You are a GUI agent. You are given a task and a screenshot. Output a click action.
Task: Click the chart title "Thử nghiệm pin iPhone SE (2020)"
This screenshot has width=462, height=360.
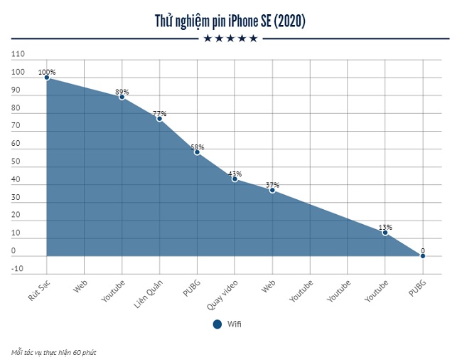(230, 21)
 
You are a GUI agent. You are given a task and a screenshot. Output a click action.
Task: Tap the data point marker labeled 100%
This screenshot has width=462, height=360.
(47, 78)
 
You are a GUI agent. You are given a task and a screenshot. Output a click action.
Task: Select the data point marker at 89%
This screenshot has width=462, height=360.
(122, 97)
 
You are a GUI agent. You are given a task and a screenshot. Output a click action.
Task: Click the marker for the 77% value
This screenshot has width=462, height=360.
(159, 118)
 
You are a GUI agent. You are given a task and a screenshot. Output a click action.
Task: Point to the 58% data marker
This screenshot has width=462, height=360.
(197, 152)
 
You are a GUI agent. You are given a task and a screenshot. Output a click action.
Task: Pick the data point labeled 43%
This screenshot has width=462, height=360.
(235, 179)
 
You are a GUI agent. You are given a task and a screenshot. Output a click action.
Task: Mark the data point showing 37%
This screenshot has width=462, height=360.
(272, 190)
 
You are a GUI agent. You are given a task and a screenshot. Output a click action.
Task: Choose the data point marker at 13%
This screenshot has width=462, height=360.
(385, 233)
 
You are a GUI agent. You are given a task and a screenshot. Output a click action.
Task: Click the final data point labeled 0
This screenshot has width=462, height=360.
(423, 255)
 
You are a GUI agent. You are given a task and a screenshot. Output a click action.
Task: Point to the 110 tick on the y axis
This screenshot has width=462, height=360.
(18, 55)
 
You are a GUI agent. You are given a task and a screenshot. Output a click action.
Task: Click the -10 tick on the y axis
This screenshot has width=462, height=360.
(18, 268)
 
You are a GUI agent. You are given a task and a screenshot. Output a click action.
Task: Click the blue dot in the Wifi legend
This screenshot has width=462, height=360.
(217, 324)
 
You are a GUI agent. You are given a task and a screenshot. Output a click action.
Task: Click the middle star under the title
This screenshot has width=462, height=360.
(230, 38)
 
